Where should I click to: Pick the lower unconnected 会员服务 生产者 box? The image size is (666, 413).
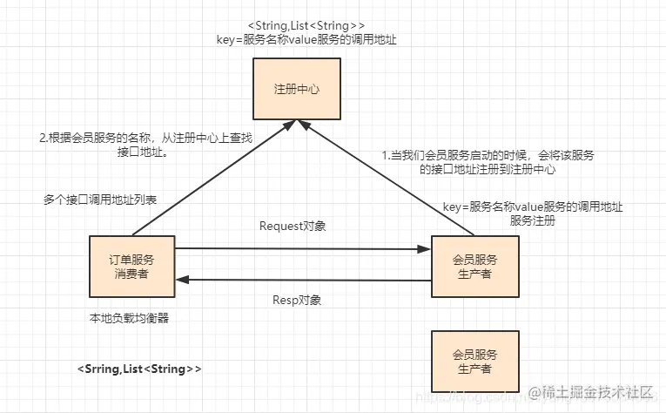pyautogui.click(x=474, y=362)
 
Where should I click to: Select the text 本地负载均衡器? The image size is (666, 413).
pyautogui.click(x=129, y=318)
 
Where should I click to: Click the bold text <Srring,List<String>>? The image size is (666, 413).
pyautogui.click(x=139, y=369)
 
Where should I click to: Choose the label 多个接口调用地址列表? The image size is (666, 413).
pyautogui.click(x=100, y=200)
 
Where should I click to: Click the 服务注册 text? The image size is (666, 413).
pyautogui.click(x=532, y=221)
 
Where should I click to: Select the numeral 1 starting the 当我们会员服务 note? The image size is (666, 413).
pyautogui.click(x=386, y=155)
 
